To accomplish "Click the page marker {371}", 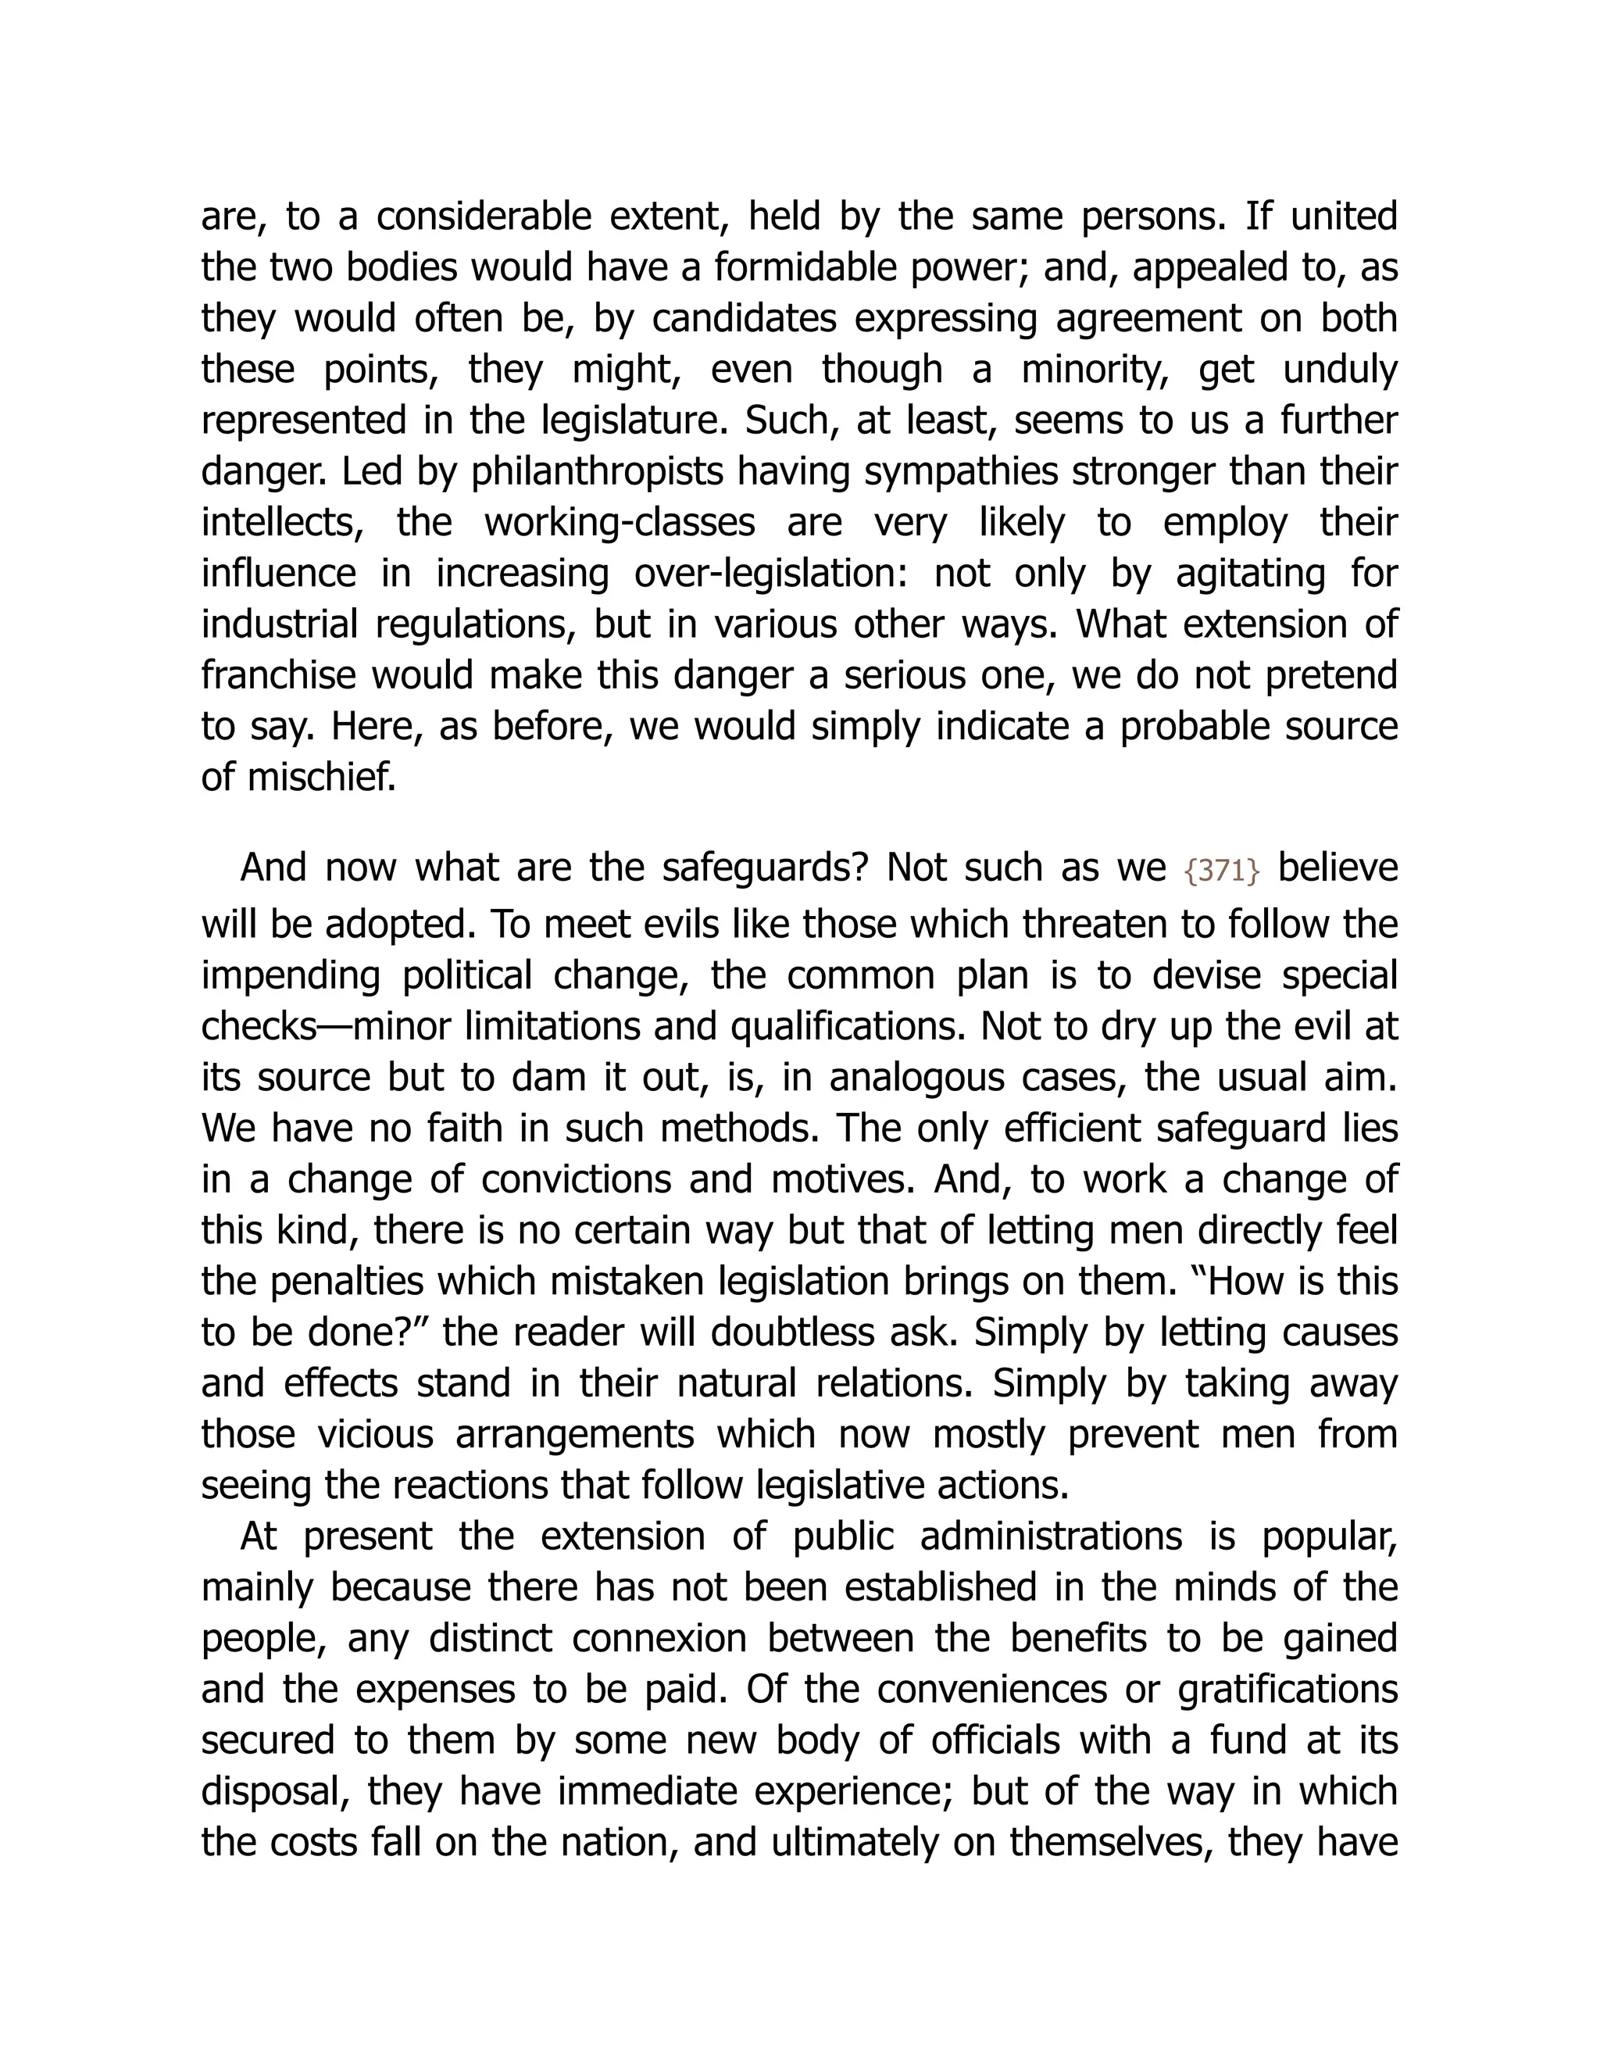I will tap(1222, 871).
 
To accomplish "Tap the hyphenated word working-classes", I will tap(619, 523).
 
